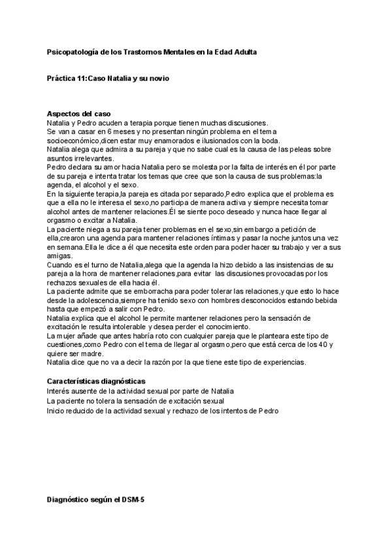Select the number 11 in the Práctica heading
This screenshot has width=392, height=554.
pyautogui.click(x=82, y=78)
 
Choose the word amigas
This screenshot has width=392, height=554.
pyautogui.click(x=59, y=257)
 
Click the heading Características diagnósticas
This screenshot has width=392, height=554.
pyautogui.click(x=96, y=381)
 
